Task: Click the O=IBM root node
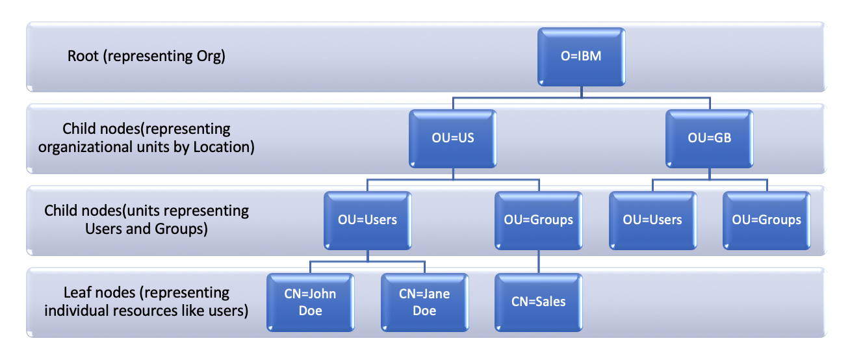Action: coord(582,57)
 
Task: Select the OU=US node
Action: coord(453,138)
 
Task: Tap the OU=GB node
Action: coord(710,138)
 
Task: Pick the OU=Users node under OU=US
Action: coord(367,220)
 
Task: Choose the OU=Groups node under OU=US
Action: coord(539,220)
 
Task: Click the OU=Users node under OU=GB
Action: coord(652,220)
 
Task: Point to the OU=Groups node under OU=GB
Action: coord(767,220)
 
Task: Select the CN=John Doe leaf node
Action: coord(311,302)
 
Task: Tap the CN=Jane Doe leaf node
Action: coord(424,302)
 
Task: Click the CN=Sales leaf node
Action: coord(539,302)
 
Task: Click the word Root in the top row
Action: coord(83,56)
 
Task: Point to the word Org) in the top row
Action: coord(211,57)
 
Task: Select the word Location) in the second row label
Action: coord(224,148)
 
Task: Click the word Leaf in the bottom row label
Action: coord(76,292)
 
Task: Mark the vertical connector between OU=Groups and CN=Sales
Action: coord(539,261)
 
